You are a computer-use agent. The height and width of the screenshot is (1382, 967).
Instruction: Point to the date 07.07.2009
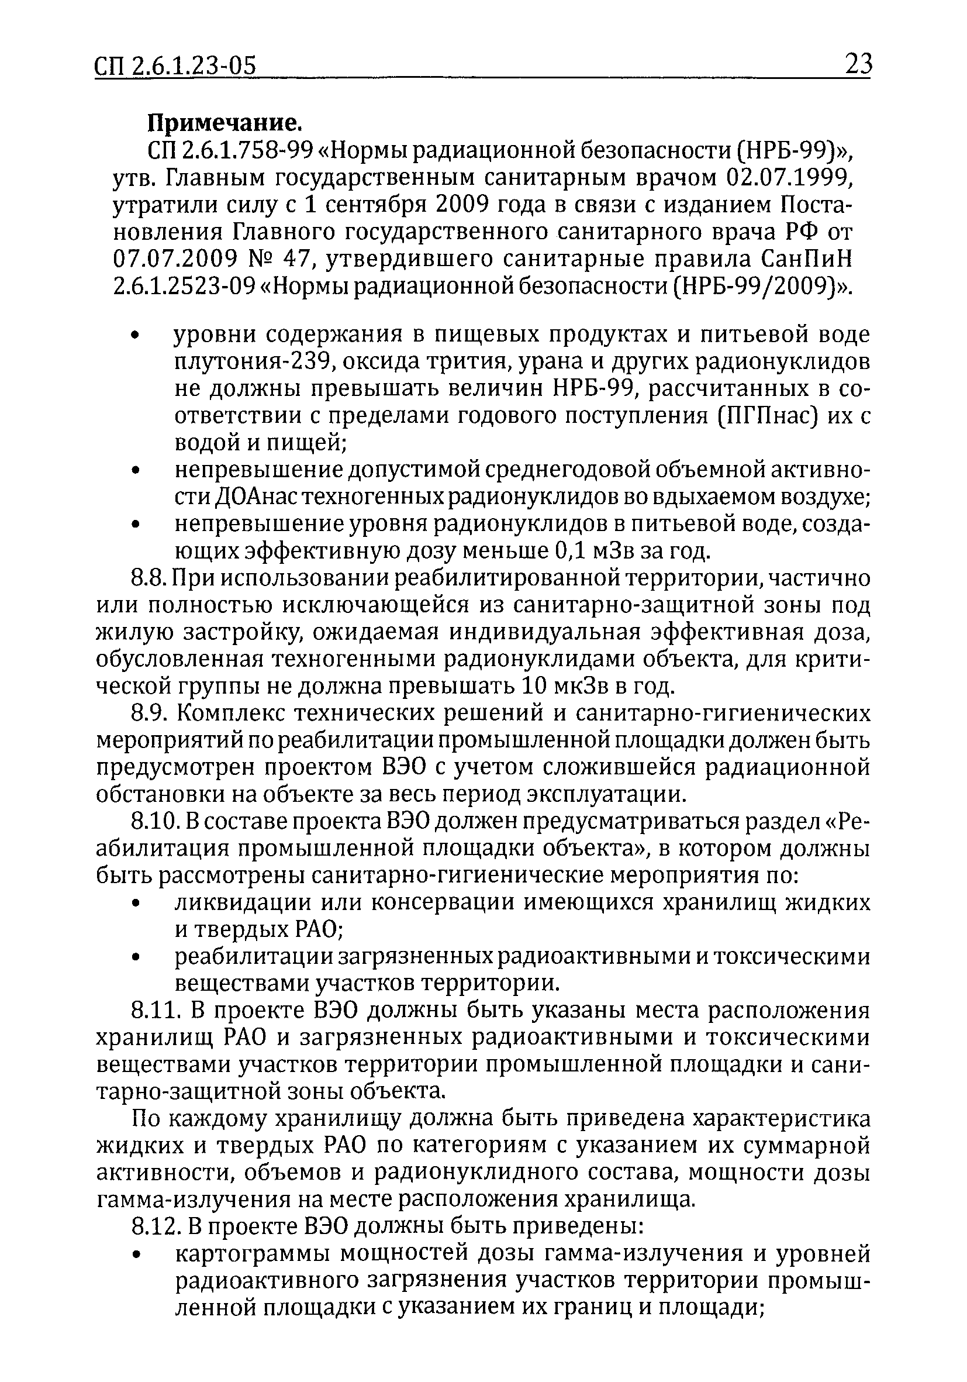coord(174,259)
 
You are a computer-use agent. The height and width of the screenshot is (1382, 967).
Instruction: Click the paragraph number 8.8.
coord(148,578)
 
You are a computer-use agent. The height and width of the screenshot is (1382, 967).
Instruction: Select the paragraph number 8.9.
coord(149,714)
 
